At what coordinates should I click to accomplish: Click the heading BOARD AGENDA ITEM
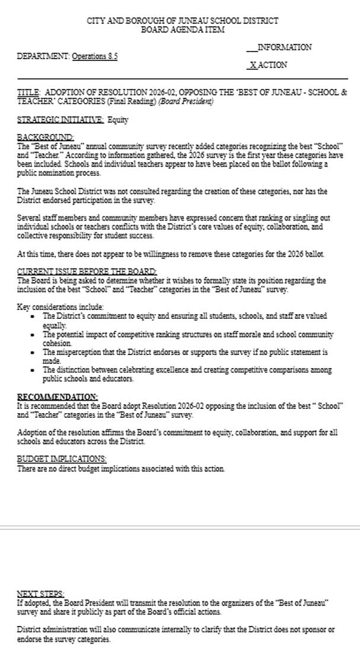click(x=182, y=30)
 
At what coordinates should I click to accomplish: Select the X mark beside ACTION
click(x=253, y=65)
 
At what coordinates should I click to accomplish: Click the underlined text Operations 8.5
click(x=94, y=56)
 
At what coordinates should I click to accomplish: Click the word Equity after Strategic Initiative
click(x=118, y=120)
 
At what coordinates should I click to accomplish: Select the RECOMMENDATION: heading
click(x=58, y=396)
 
